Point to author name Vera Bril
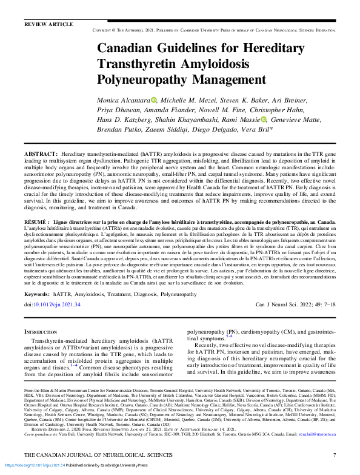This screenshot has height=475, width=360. pos(240,130)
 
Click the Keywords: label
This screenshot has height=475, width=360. pos(37,294)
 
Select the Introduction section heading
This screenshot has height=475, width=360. pos(41,332)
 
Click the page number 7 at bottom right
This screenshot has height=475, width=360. pos(334,455)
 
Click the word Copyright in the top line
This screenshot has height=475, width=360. pos(104,29)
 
